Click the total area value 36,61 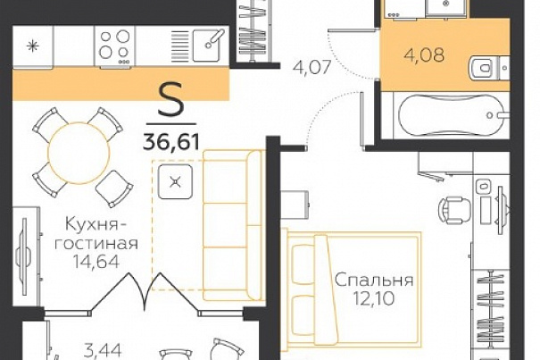171,141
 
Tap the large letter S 171,100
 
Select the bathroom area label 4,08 424,54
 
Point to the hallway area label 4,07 312,67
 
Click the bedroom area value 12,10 374,298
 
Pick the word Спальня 374,280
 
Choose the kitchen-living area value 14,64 96,261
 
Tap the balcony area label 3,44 103,351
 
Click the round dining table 79,153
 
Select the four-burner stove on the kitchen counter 114,46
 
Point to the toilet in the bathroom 484,68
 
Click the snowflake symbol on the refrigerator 33,46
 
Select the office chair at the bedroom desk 454,210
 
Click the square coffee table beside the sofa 175,181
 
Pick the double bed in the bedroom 353,289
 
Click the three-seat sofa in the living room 233,225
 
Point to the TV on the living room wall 23,256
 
